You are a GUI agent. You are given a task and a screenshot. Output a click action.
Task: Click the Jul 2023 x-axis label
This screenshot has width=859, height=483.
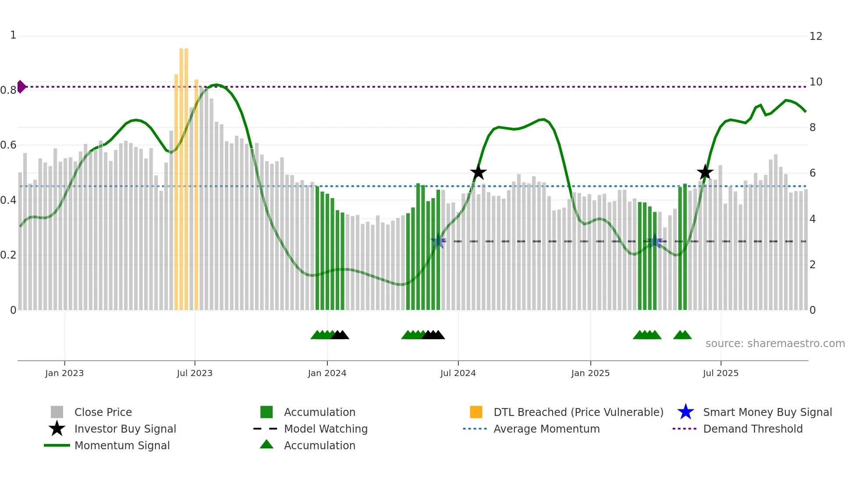pos(195,373)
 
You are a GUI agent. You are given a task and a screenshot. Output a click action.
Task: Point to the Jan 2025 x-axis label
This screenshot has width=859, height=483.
pos(590,373)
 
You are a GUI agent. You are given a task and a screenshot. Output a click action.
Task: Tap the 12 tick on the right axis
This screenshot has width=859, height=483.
pos(816,36)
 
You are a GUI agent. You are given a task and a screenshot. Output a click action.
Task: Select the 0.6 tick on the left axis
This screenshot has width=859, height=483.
pos(8,145)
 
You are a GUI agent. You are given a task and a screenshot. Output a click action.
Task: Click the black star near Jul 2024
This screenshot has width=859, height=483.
pos(478,173)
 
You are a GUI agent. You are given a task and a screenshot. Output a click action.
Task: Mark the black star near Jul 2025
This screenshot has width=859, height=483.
pos(705,173)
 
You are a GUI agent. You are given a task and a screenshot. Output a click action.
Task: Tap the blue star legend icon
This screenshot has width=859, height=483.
pos(685,412)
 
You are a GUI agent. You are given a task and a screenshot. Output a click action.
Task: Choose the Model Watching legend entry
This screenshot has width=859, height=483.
pos(325,429)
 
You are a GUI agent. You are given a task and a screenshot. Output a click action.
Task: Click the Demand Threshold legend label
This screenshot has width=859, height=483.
pos(753,429)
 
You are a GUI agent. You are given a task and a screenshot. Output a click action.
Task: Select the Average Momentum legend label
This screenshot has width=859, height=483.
pos(546,429)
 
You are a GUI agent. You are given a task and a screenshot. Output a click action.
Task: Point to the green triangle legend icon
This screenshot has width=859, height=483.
pos(266,445)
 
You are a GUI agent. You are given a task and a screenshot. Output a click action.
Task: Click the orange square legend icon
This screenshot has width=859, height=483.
pos(476,412)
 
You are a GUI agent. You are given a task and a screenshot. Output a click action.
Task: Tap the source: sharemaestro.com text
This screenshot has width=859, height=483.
pos(775,344)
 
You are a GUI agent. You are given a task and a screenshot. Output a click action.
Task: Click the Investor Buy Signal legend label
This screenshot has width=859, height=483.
pos(125,429)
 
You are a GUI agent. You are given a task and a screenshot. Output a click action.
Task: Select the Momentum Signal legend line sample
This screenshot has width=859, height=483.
pos(57,445)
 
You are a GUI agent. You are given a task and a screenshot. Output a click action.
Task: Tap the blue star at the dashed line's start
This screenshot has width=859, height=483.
pos(438,241)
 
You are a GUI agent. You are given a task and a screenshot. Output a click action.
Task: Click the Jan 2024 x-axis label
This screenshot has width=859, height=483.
pos(327,373)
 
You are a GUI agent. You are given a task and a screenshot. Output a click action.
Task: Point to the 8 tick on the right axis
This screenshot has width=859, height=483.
pos(813,128)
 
